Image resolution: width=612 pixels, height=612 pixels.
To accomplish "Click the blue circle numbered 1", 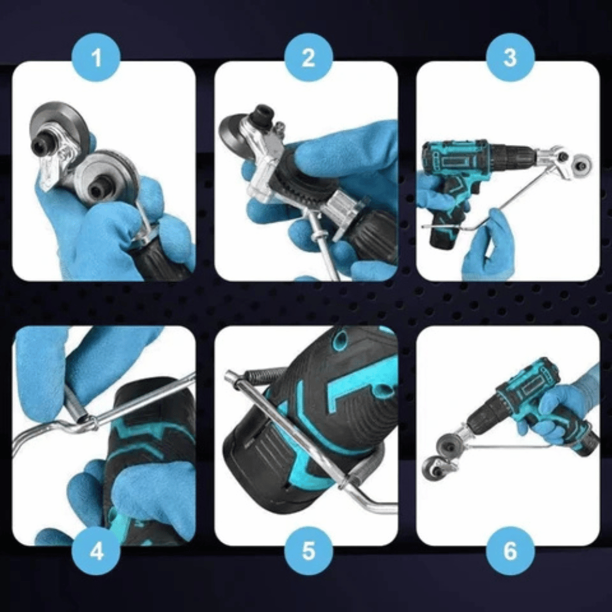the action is [96, 58].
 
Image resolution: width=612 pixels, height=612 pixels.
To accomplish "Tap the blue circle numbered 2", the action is [308, 58].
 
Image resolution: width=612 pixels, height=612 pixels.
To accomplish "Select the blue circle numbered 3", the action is [510, 58].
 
